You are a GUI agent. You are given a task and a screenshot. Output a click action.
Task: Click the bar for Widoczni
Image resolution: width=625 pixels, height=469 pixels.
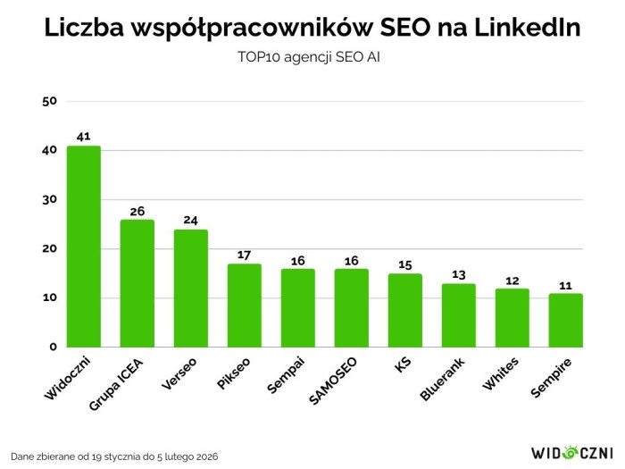click(x=84, y=246)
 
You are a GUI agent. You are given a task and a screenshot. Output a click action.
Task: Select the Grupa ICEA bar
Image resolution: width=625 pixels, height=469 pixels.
click(x=137, y=283)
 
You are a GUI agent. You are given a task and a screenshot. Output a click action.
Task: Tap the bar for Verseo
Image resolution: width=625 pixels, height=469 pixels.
click(x=191, y=288)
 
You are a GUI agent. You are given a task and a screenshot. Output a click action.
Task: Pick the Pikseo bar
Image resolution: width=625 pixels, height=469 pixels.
click(x=245, y=305)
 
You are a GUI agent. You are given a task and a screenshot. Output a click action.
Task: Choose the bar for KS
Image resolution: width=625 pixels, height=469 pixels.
click(x=405, y=310)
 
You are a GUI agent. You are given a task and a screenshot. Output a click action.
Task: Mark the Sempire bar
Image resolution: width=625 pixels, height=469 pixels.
click(x=566, y=320)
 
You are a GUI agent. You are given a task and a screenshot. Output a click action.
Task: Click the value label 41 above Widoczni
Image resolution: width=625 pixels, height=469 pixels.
click(x=84, y=137)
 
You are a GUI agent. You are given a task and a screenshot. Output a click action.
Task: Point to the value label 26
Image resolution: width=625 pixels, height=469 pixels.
click(x=137, y=211)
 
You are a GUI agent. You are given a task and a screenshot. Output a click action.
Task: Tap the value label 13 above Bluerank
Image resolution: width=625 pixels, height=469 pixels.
click(x=459, y=274)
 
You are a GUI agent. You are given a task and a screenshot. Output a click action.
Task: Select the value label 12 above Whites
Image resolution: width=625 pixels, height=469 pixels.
click(x=512, y=280)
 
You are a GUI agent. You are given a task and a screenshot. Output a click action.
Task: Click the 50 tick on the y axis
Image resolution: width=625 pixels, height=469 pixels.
click(x=50, y=101)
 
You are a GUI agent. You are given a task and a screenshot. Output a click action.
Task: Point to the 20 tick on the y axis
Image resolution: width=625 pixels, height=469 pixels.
click(x=50, y=248)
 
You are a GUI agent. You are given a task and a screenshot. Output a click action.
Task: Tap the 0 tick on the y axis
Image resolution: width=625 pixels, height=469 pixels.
click(x=54, y=347)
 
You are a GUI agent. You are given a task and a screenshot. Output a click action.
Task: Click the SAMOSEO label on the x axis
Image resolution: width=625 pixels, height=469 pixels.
click(x=333, y=381)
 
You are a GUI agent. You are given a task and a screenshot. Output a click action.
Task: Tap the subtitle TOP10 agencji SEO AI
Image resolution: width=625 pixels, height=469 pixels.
click(x=312, y=57)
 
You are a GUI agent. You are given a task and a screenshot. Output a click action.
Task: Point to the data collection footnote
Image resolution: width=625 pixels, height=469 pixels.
click(x=115, y=456)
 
